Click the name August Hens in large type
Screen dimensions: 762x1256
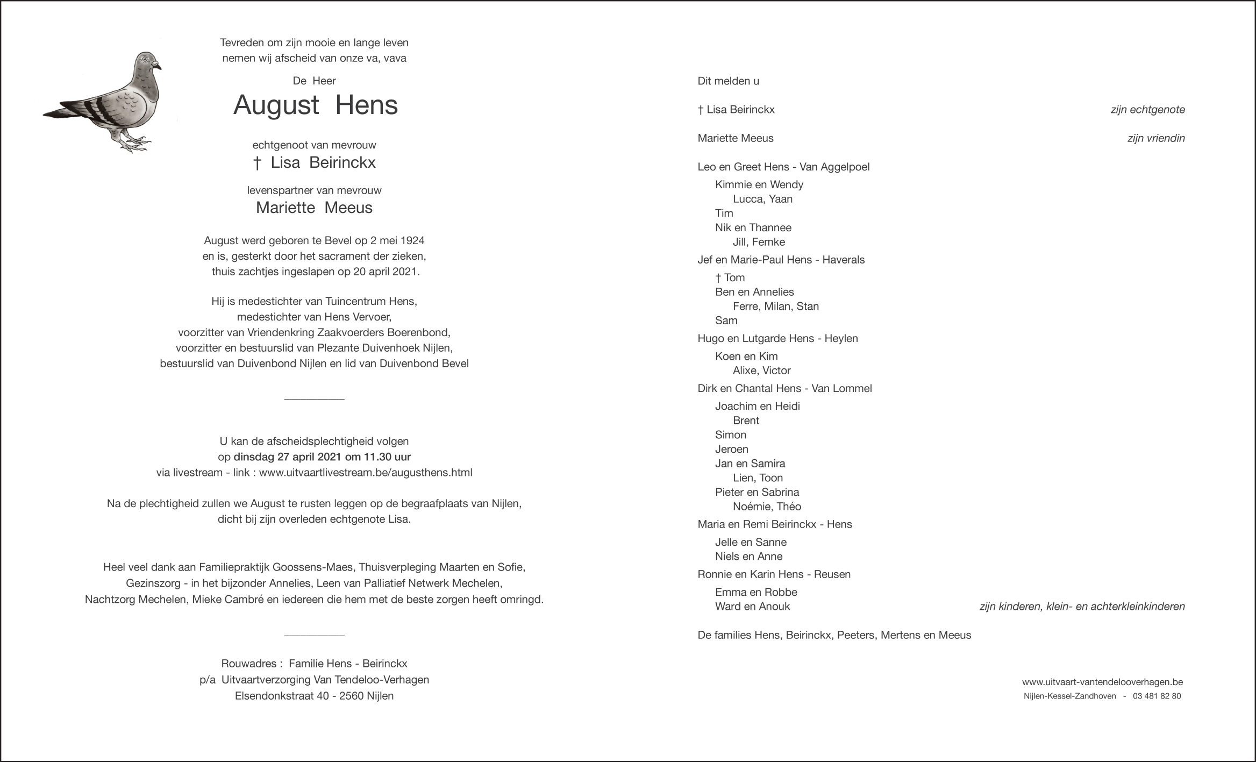[316, 105]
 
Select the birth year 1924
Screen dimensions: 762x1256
[412, 240]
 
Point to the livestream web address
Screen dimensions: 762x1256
[366, 473]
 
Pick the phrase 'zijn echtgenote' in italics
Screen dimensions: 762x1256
[1147, 110]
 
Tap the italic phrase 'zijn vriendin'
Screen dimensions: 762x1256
[1156, 138]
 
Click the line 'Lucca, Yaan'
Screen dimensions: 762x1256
[762, 199]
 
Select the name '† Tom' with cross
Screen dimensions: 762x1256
[730, 277]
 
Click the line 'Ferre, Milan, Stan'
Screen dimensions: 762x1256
[775, 307]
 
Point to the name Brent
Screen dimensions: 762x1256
[746, 421]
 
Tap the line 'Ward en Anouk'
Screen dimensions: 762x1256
[752, 607]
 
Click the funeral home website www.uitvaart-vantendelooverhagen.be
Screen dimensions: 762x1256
[1102, 682]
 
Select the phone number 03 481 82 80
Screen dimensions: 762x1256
[1157, 696]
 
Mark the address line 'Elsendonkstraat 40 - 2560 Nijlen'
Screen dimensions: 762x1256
[314, 696]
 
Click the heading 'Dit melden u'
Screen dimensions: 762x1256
[728, 81]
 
